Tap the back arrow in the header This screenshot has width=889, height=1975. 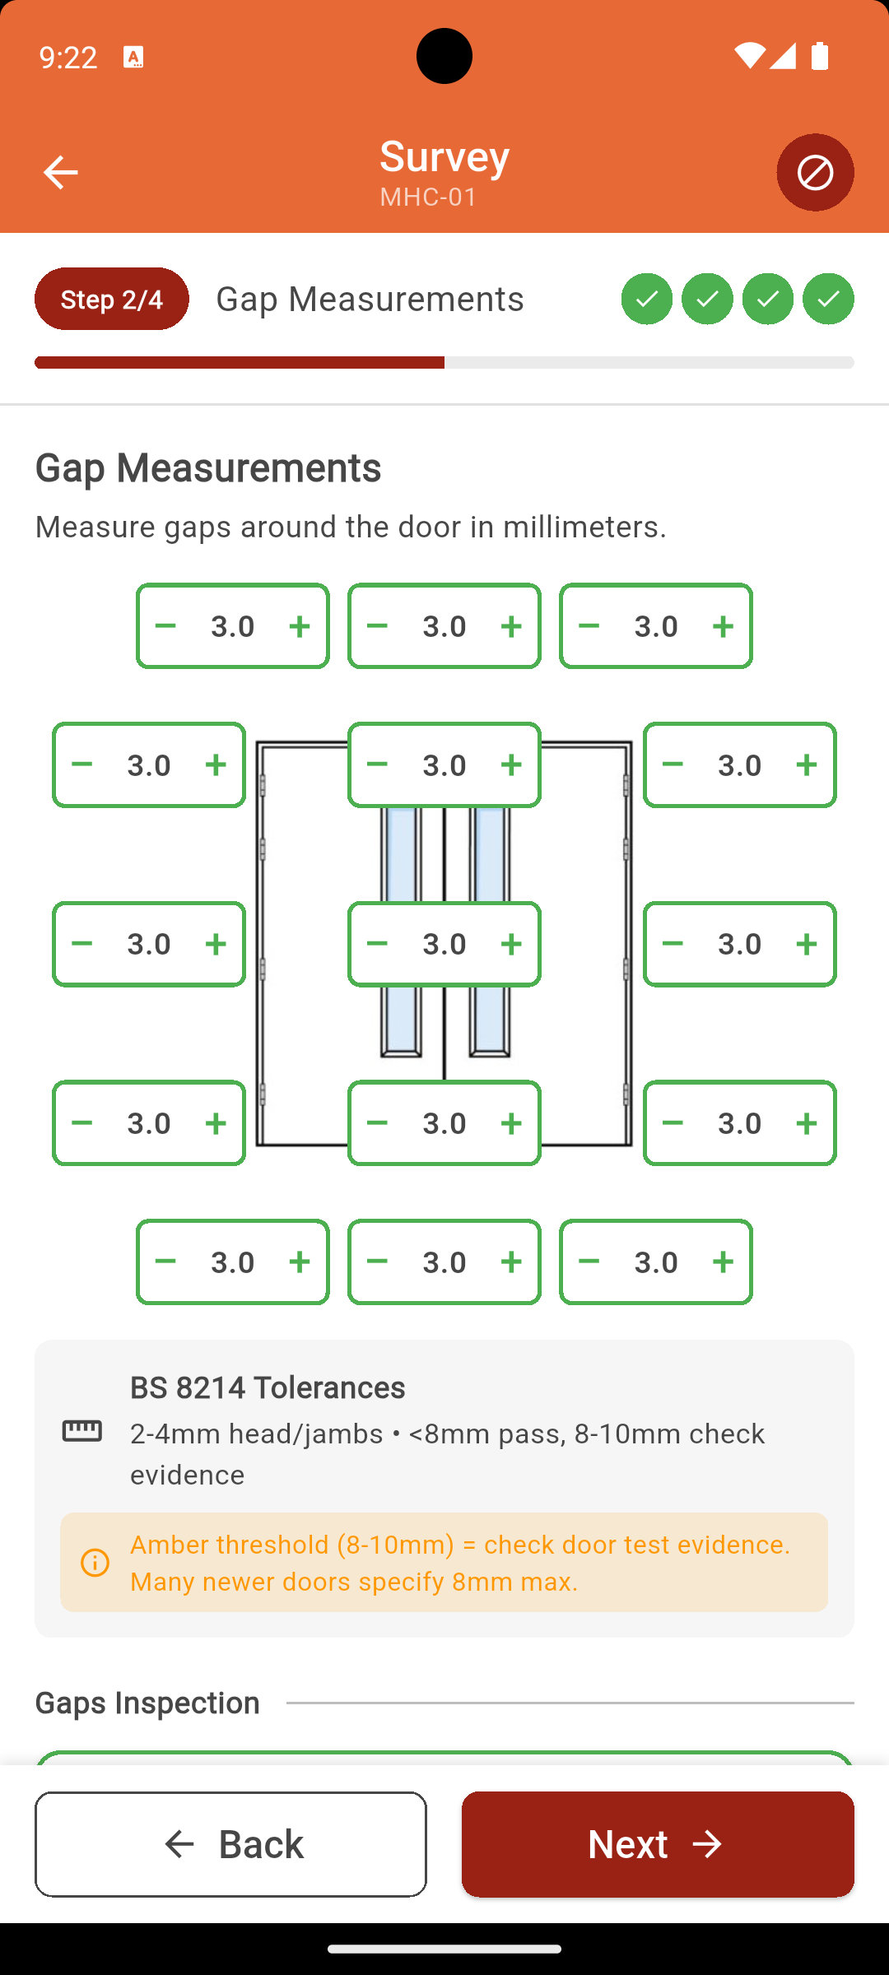60,173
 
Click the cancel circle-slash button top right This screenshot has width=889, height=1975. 815,173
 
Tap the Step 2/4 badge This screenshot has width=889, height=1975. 112,299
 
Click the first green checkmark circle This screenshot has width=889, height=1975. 646,299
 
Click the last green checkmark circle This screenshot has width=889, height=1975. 828,299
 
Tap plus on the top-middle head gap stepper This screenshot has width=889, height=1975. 511,626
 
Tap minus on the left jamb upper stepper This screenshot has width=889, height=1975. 82,764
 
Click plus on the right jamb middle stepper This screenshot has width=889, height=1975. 806,944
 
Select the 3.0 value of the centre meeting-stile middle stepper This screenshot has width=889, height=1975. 444,944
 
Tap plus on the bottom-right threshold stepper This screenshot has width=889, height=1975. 723,1262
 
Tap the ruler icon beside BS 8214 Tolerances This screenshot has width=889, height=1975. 82,1431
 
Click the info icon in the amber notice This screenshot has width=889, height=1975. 95,1563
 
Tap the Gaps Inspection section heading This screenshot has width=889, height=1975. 148,1703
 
